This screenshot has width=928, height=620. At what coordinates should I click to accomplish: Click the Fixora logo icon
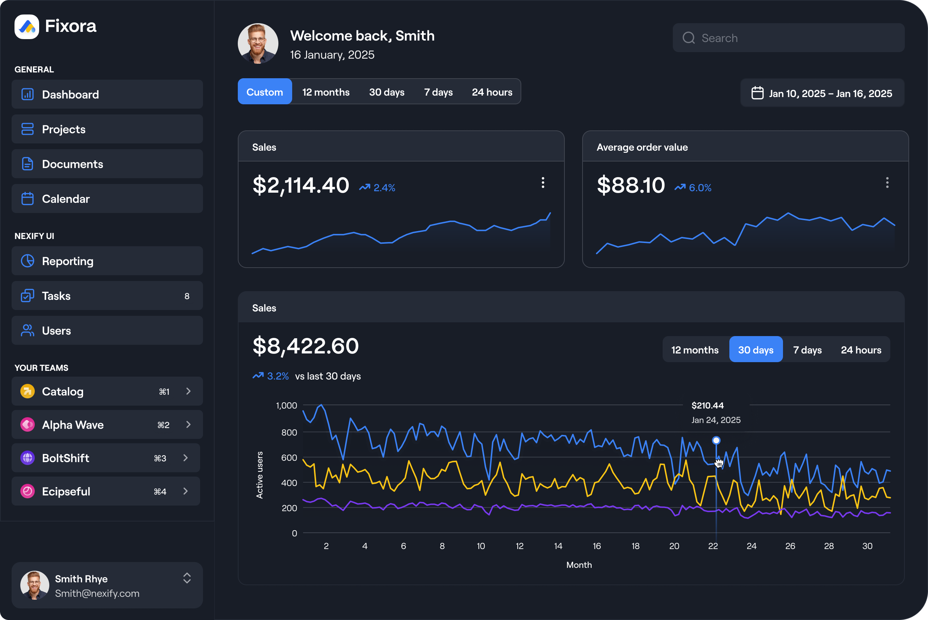(27, 27)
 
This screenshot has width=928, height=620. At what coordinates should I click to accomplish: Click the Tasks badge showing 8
(187, 296)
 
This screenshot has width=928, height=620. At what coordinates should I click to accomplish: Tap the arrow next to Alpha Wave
(188, 425)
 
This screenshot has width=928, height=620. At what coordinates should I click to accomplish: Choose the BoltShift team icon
(27, 458)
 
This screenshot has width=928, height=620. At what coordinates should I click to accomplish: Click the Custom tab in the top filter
(265, 92)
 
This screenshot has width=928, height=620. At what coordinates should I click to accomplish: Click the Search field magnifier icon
(689, 38)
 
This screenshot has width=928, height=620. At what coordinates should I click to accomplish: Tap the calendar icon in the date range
(757, 93)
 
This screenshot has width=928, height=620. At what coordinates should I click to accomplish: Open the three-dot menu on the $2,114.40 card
(543, 183)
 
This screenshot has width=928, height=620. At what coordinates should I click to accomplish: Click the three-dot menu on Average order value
(887, 183)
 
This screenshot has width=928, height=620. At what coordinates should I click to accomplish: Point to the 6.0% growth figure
(700, 188)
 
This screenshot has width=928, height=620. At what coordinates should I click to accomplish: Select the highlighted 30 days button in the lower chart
(755, 350)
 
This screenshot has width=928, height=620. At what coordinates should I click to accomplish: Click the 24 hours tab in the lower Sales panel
(861, 350)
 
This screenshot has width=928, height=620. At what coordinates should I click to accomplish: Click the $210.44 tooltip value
(707, 406)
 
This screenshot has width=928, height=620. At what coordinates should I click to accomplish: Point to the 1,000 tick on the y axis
(286, 406)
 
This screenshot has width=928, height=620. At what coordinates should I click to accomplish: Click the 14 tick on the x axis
(558, 546)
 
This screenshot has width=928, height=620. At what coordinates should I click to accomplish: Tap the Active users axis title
(260, 475)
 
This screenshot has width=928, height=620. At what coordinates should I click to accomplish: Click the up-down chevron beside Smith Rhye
(187, 578)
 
